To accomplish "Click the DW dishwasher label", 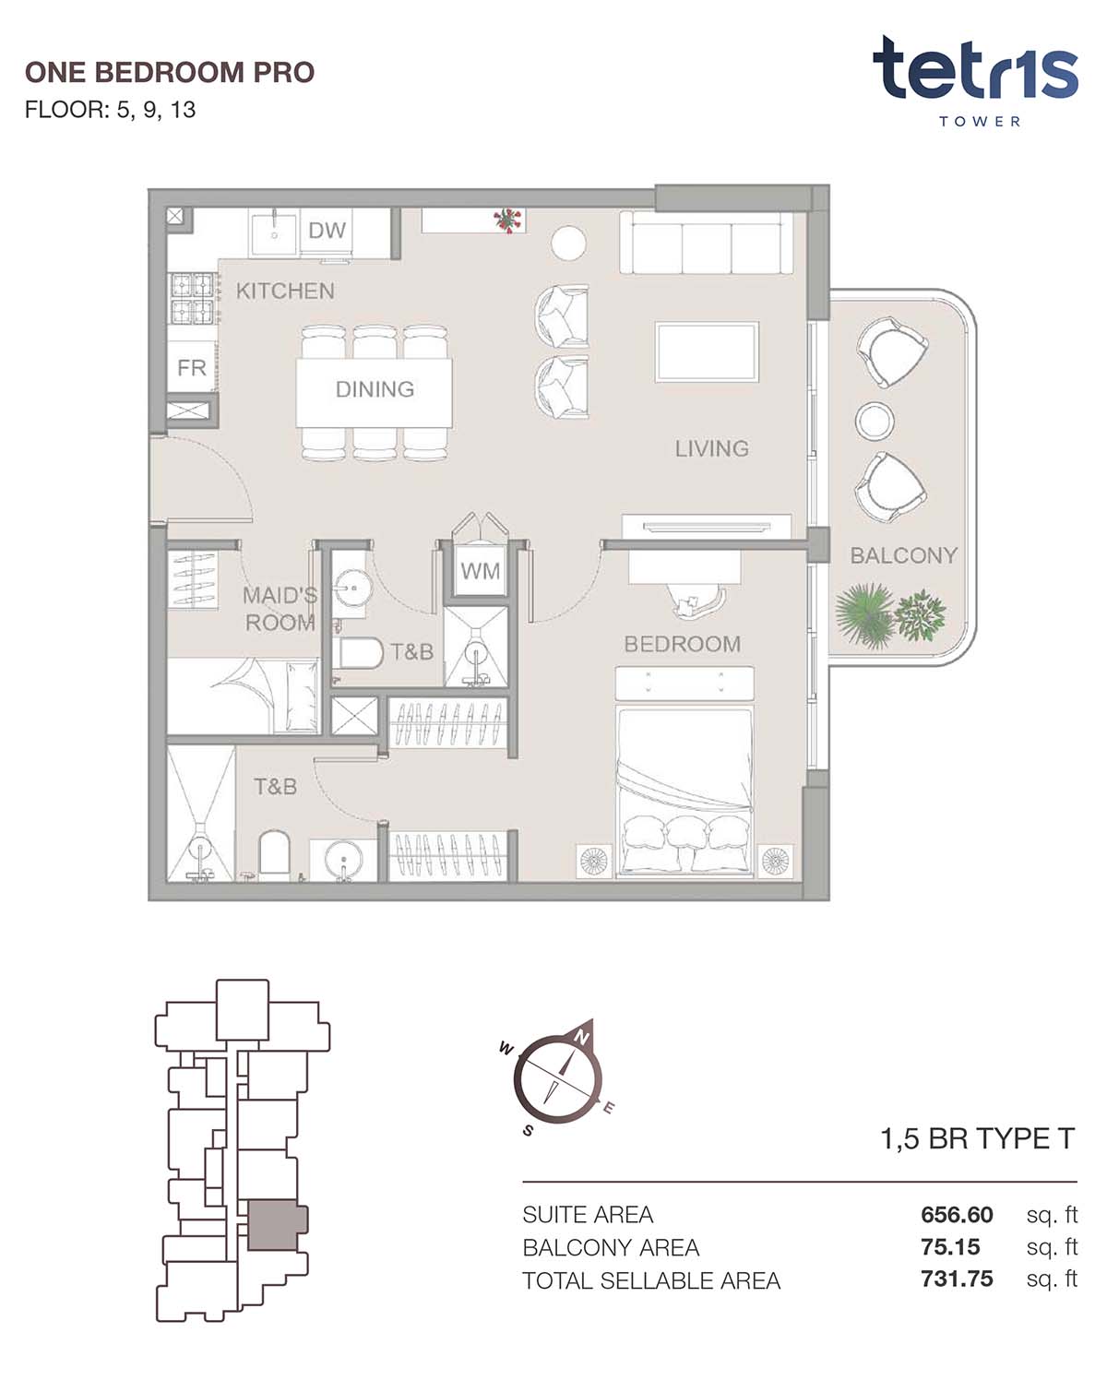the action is pos(327,231).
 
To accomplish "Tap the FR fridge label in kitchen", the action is pos(192,368).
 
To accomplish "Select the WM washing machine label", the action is pos(480,571).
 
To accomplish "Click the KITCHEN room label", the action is pos(285,291).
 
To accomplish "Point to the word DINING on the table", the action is pos(375,388).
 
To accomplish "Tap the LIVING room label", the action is pos(711,448).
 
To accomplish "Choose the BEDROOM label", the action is pos(682,644).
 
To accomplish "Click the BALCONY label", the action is pos(903,555).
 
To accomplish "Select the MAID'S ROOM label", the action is pos(280,609).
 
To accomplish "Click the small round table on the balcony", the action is pos(875,421).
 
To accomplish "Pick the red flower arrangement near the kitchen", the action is pos(507,220).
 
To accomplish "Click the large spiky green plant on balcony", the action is pos(864,614).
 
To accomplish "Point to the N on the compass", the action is pos(582,1038).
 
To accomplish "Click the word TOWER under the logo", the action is pos(980,122).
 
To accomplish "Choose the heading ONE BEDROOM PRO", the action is pos(170,73).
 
